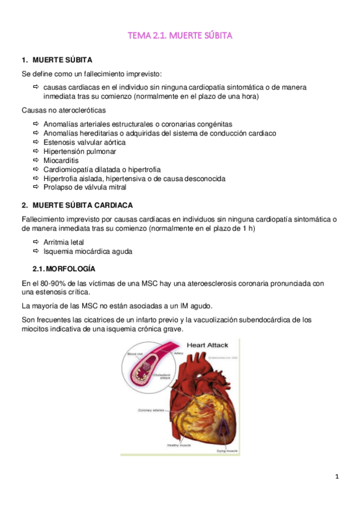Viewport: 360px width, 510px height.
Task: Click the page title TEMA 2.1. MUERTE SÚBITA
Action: (x=180, y=36)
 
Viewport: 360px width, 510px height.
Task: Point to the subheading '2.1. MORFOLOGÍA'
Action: (x=63, y=268)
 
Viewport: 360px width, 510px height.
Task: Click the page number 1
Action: (x=337, y=477)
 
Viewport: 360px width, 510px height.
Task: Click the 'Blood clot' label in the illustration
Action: (x=133, y=354)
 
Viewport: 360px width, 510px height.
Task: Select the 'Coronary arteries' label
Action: (x=153, y=411)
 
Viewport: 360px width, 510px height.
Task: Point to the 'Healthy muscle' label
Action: (x=179, y=445)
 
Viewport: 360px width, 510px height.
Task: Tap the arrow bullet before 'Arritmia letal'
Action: (x=36, y=242)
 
